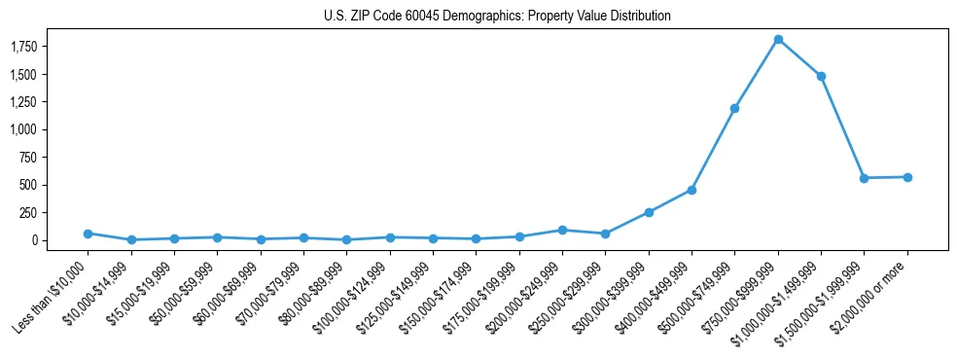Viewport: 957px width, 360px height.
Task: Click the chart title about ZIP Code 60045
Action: pos(497,17)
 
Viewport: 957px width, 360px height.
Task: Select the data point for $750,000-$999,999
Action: pos(778,40)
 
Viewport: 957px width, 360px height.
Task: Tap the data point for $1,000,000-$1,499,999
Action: pos(821,76)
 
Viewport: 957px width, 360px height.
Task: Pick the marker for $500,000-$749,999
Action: pos(734,108)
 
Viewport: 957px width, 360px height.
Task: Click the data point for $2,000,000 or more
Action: pos(907,177)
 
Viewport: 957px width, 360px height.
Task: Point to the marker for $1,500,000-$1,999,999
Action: pos(864,178)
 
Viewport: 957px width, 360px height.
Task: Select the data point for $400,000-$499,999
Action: pos(691,190)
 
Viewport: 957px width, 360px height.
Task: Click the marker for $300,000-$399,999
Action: pos(649,212)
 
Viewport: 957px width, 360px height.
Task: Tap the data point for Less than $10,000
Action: pos(88,234)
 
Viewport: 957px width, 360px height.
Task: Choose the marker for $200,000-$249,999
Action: pos(562,230)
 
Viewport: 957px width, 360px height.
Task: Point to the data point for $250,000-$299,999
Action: pos(605,234)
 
